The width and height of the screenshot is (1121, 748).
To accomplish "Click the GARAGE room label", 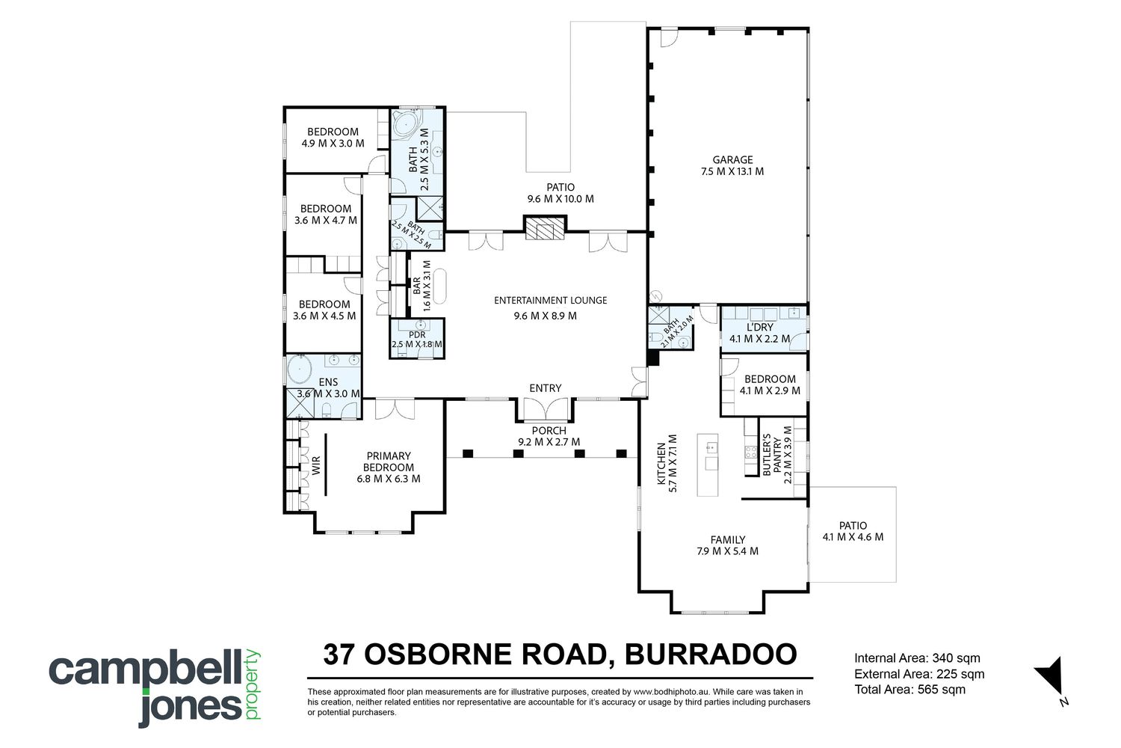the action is click(x=732, y=160).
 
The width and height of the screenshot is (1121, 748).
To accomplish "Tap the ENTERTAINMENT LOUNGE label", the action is click(x=551, y=301).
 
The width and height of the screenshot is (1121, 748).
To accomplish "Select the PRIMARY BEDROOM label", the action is click(x=389, y=462).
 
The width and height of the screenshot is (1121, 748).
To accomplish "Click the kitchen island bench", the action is click(x=708, y=465).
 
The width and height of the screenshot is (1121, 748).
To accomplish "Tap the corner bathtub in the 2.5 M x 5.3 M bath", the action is click(x=406, y=123).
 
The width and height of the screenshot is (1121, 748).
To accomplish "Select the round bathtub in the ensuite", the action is click(x=300, y=371).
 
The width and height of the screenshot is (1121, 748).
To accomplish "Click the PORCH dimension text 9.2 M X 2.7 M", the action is click(x=549, y=442).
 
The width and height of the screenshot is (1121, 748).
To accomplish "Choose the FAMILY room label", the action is click(x=728, y=539).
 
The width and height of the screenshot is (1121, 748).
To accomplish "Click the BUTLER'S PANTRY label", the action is click(x=772, y=455).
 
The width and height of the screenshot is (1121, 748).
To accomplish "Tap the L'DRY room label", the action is click(x=760, y=327).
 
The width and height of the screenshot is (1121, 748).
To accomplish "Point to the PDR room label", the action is click(x=417, y=334).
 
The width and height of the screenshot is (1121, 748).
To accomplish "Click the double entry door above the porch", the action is click(x=546, y=409).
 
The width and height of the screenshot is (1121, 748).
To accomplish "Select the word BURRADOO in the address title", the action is click(x=711, y=654).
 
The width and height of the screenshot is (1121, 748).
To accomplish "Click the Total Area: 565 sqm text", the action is click(x=910, y=690).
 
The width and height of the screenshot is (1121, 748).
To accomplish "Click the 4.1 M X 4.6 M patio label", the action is click(x=853, y=537).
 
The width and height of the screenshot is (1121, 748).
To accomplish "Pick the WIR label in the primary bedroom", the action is click(x=316, y=465).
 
